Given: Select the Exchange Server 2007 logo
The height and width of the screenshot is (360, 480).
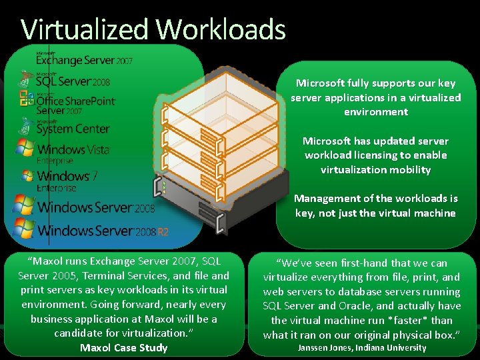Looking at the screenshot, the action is click(x=84, y=59).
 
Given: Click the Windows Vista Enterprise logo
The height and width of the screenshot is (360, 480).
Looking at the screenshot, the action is click(x=63, y=151).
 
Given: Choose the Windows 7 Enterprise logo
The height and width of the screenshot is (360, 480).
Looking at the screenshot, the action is click(x=60, y=179).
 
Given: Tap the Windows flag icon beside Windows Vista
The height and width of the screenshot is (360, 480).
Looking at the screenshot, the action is click(x=25, y=148).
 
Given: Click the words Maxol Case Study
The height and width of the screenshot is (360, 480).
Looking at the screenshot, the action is click(x=123, y=348).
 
